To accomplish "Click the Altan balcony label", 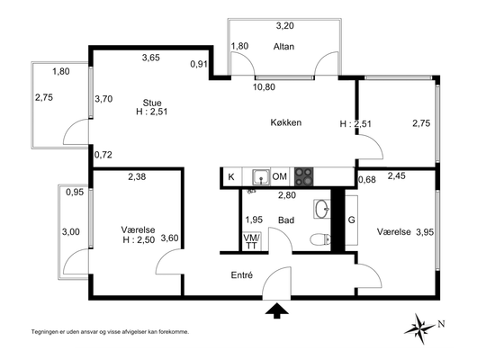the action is (x=283, y=47).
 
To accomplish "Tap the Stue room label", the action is (x=152, y=103).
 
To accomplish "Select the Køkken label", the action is (x=286, y=122).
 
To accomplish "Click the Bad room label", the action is (x=286, y=220).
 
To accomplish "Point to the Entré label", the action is (x=242, y=275).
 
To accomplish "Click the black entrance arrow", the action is (x=277, y=310).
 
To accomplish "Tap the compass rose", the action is (x=419, y=328).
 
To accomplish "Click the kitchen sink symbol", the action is (x=261, y=177).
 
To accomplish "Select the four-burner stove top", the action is (x=303, y=177).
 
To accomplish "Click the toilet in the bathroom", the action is (x=320, y=239).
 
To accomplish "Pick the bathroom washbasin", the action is (x=322, y=209).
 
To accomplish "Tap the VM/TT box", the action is (x=251, y=241).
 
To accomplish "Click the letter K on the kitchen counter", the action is (x=230, y=176).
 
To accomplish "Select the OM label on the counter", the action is (x=279, y=176).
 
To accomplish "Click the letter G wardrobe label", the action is (x=352, y=220).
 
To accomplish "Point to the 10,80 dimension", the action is (x=264, y=87).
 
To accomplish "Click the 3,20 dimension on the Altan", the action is (x=284, y=26).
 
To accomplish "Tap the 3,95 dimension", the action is (x=425, y=232).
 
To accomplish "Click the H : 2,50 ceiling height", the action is (x=139, y=239).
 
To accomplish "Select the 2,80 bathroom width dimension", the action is (x=287, y=195).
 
